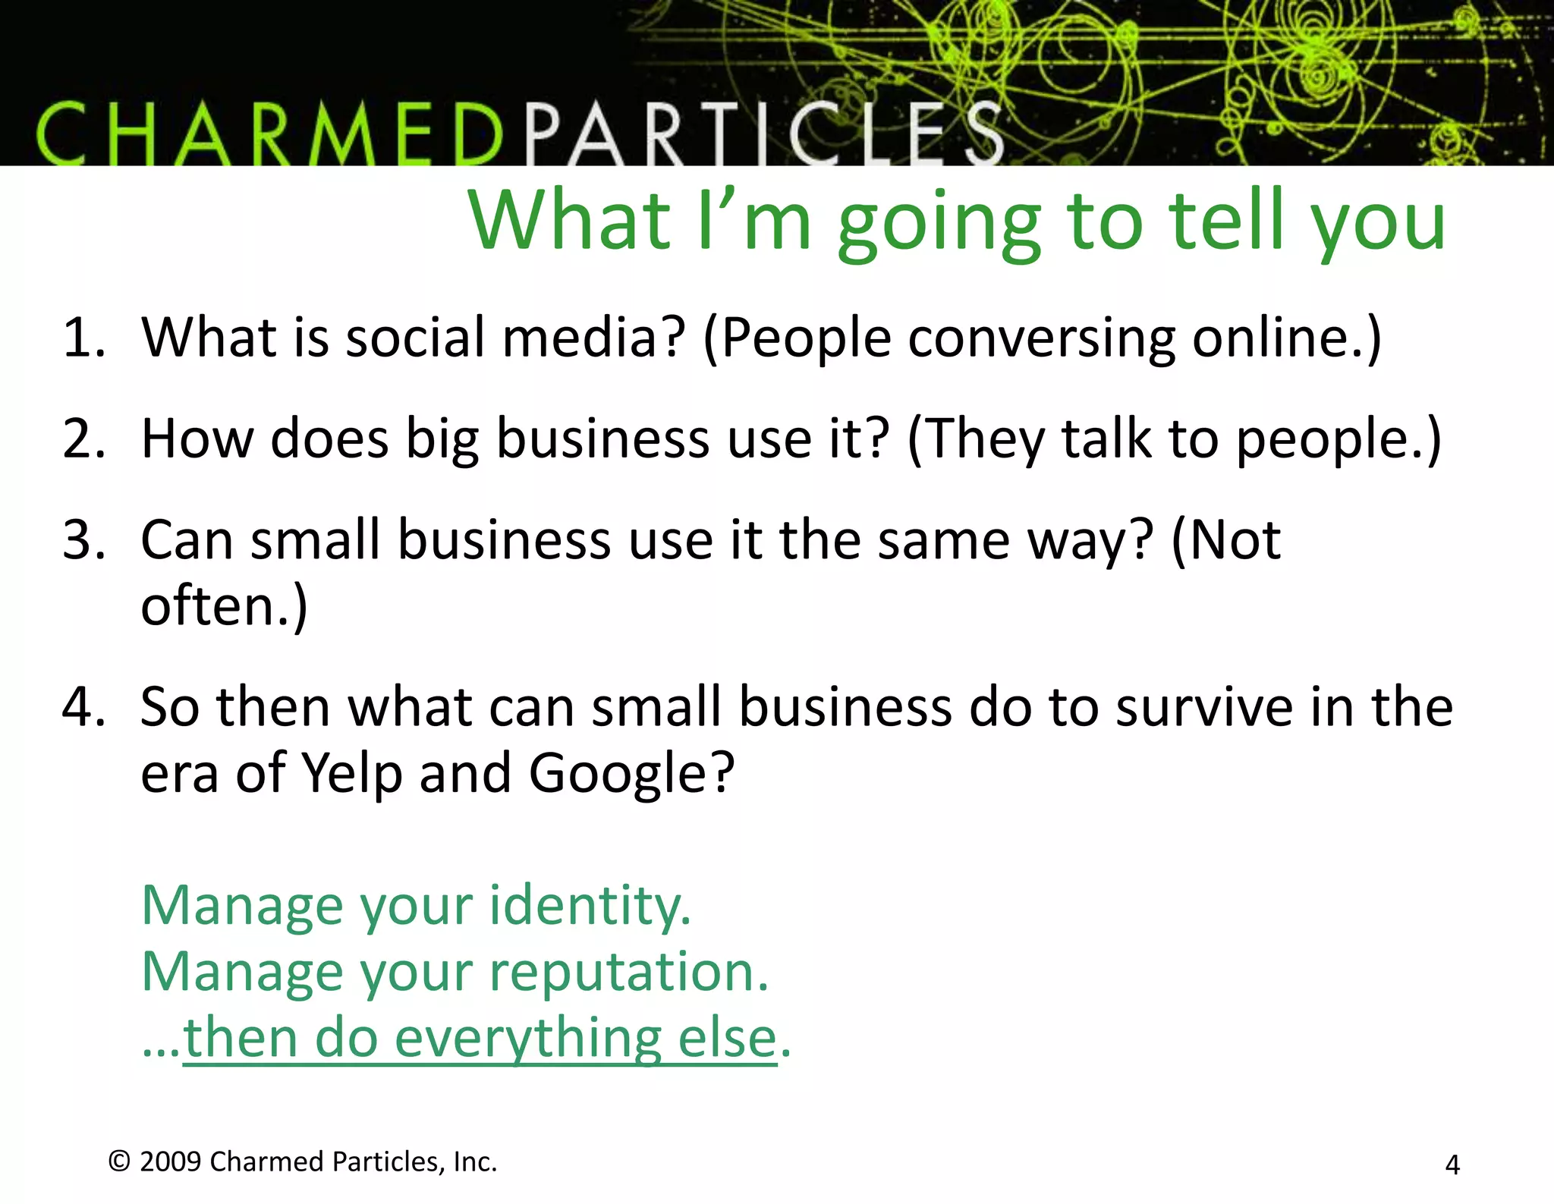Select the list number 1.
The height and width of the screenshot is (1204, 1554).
point(83,338)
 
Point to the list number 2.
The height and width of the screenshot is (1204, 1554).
point(83,439)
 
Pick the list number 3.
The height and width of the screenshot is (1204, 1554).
point(83,541)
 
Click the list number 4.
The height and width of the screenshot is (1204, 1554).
point(83,707)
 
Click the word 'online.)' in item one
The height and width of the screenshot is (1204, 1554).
point(1287,338)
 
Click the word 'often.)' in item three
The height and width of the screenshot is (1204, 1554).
point(225,607)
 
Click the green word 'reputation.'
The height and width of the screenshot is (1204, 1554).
point(629,973)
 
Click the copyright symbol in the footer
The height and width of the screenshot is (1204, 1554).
point(119,1162)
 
